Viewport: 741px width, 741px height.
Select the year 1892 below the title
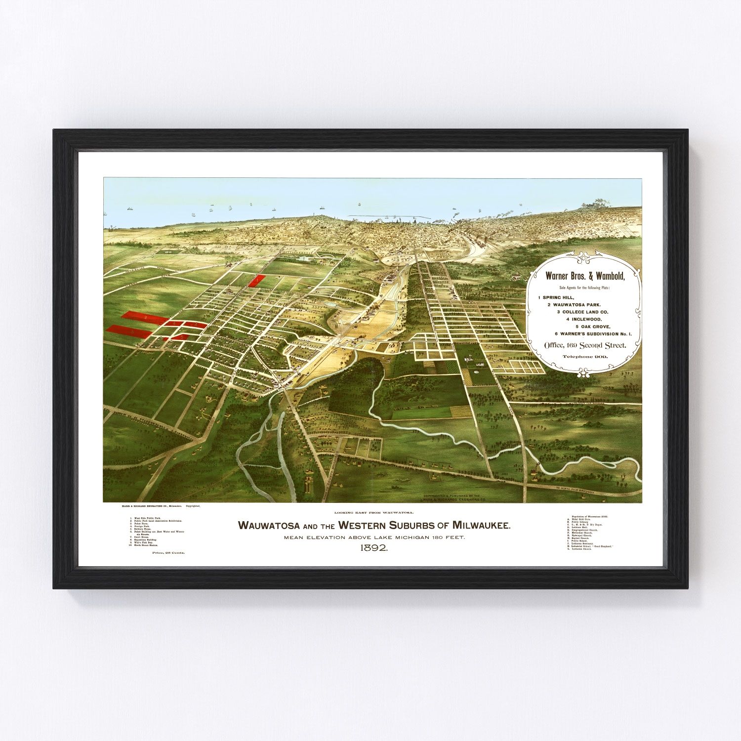pyautogui.click(x=374, y=548)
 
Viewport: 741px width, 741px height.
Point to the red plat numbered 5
pyautogui.click(x=183, y=337)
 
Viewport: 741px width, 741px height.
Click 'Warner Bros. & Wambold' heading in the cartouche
pyautogui.click(x=584, y=276)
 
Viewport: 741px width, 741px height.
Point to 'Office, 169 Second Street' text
pyautogui.click(x=585, y=345)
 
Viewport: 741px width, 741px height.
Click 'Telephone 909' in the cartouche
pyautogui.click(x=585, y=356)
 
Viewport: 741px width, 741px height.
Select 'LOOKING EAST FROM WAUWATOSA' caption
pyautogui.click(x=373, y=514)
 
